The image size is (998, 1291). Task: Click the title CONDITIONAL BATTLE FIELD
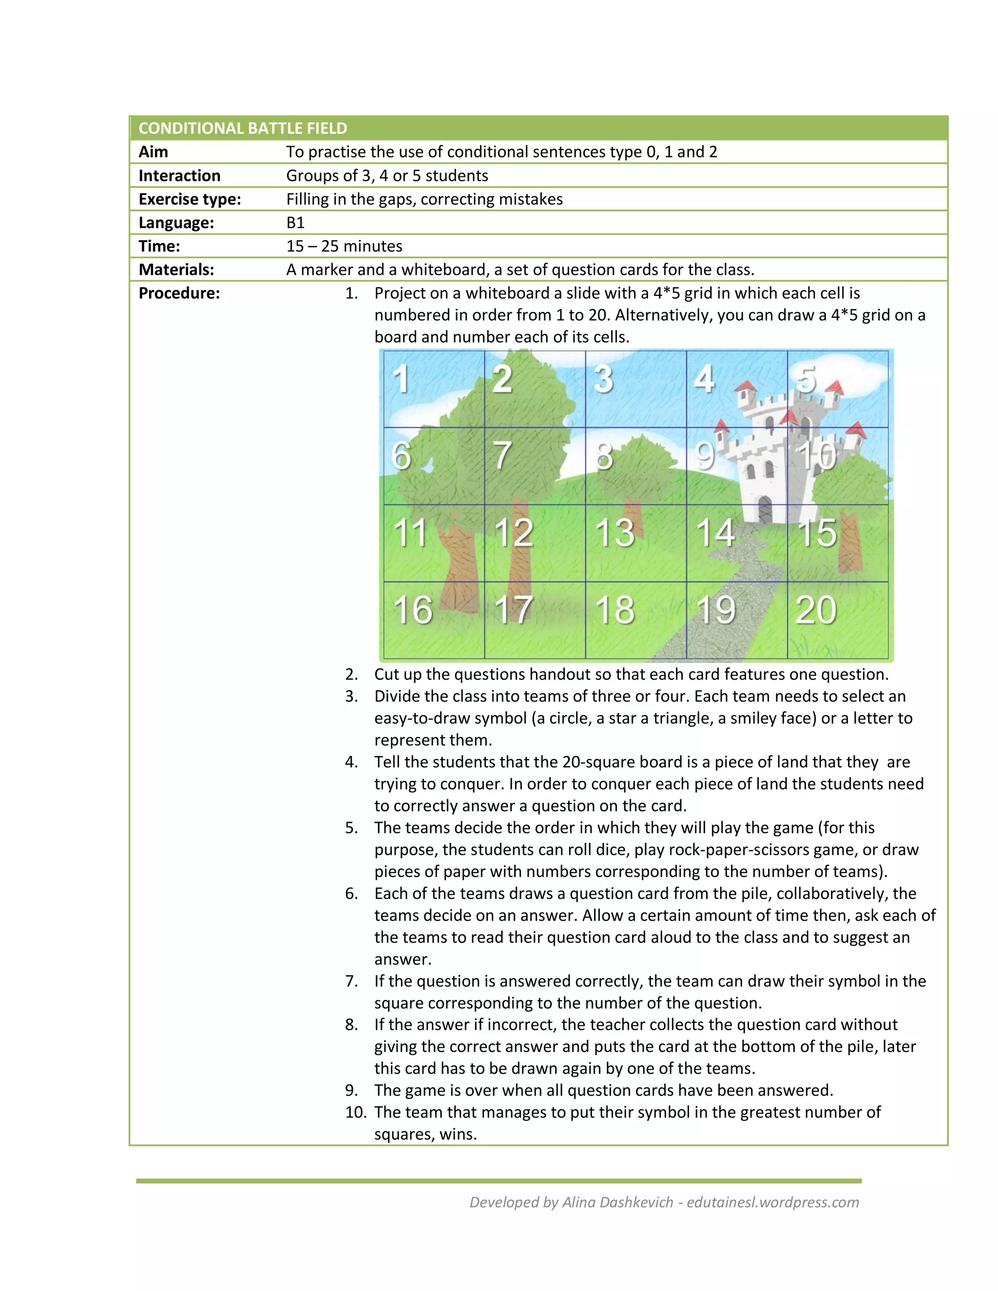(242, 128)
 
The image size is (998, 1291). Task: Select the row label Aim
(153, 152)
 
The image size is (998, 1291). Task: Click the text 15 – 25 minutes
(344, 246)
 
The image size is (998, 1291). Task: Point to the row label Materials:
(176, 269)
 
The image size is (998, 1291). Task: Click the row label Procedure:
(179, 293)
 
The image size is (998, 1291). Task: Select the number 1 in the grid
(402, 379)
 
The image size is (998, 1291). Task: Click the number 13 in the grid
(614, 532)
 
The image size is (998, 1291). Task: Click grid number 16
(413, 610)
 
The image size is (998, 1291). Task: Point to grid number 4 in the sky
(704, 379)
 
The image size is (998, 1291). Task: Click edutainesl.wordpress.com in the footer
(773, 1202)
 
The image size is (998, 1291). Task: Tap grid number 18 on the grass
(615, 610)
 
